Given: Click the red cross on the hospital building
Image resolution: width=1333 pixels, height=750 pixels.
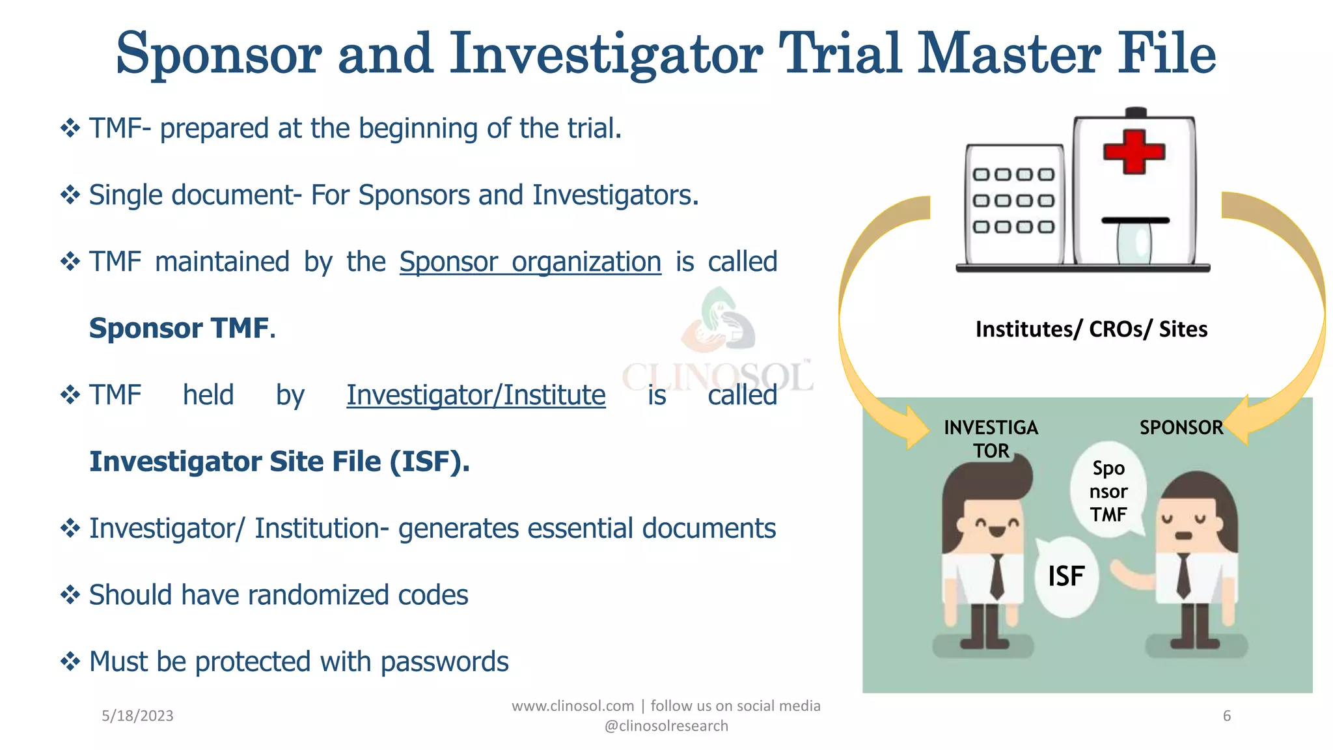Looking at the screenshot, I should (1134, 152).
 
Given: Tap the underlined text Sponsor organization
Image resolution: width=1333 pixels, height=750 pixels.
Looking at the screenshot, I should (530, 262).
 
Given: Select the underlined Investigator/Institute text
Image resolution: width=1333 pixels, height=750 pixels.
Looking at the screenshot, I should (476, 396).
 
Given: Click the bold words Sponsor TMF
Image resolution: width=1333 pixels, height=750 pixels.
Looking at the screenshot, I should (179, 329).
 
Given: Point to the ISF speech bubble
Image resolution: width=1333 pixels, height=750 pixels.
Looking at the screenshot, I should (1066, 577).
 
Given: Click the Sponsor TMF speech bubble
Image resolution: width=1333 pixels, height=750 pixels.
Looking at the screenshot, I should (1108, 492).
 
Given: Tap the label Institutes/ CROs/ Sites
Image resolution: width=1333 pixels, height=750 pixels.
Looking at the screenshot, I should (1091, 329).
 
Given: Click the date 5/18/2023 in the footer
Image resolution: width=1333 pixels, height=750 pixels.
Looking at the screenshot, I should (137, 716).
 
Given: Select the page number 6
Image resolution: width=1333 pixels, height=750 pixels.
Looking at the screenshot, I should (1226, 716).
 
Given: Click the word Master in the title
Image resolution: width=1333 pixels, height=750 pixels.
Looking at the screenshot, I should (1009, 54).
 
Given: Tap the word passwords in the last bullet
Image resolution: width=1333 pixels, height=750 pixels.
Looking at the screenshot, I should (444, 662).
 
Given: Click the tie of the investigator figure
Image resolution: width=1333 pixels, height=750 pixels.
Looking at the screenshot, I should (996, 576).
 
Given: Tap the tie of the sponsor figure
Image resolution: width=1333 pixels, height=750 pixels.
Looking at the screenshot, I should (1183, 576).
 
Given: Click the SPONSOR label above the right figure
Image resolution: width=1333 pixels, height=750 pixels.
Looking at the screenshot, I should (1181, 428).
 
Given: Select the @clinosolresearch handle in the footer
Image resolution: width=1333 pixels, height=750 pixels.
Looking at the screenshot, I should (666, 726).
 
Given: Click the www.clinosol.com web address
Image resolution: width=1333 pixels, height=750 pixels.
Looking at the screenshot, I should (573, 706).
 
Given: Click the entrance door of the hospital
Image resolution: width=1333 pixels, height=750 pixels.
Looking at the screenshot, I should (1134, 243).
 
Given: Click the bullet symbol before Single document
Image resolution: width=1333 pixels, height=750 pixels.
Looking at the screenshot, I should (70, 195).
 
